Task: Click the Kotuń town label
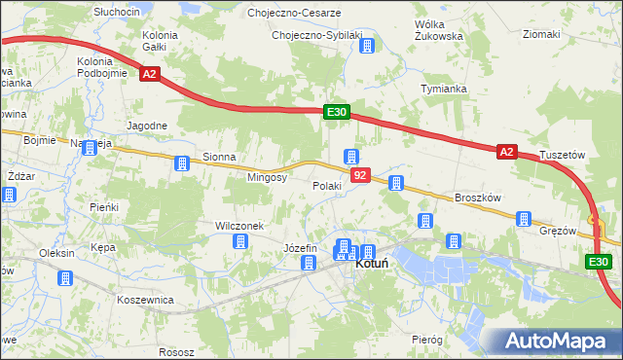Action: point(374,264)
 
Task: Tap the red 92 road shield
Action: point(361,175)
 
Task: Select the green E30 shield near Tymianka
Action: point(337,113)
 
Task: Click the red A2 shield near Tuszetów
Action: point(506,152)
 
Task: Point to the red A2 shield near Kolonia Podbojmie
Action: point(148,73)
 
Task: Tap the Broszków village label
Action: point(477,198)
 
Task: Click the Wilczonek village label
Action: point(239,226)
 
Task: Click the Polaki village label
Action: point(326,186)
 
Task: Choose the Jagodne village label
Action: point(148,126)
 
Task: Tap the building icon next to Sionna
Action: point(181,163)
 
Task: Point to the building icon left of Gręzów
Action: point(524,219)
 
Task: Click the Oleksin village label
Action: point(56,253)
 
